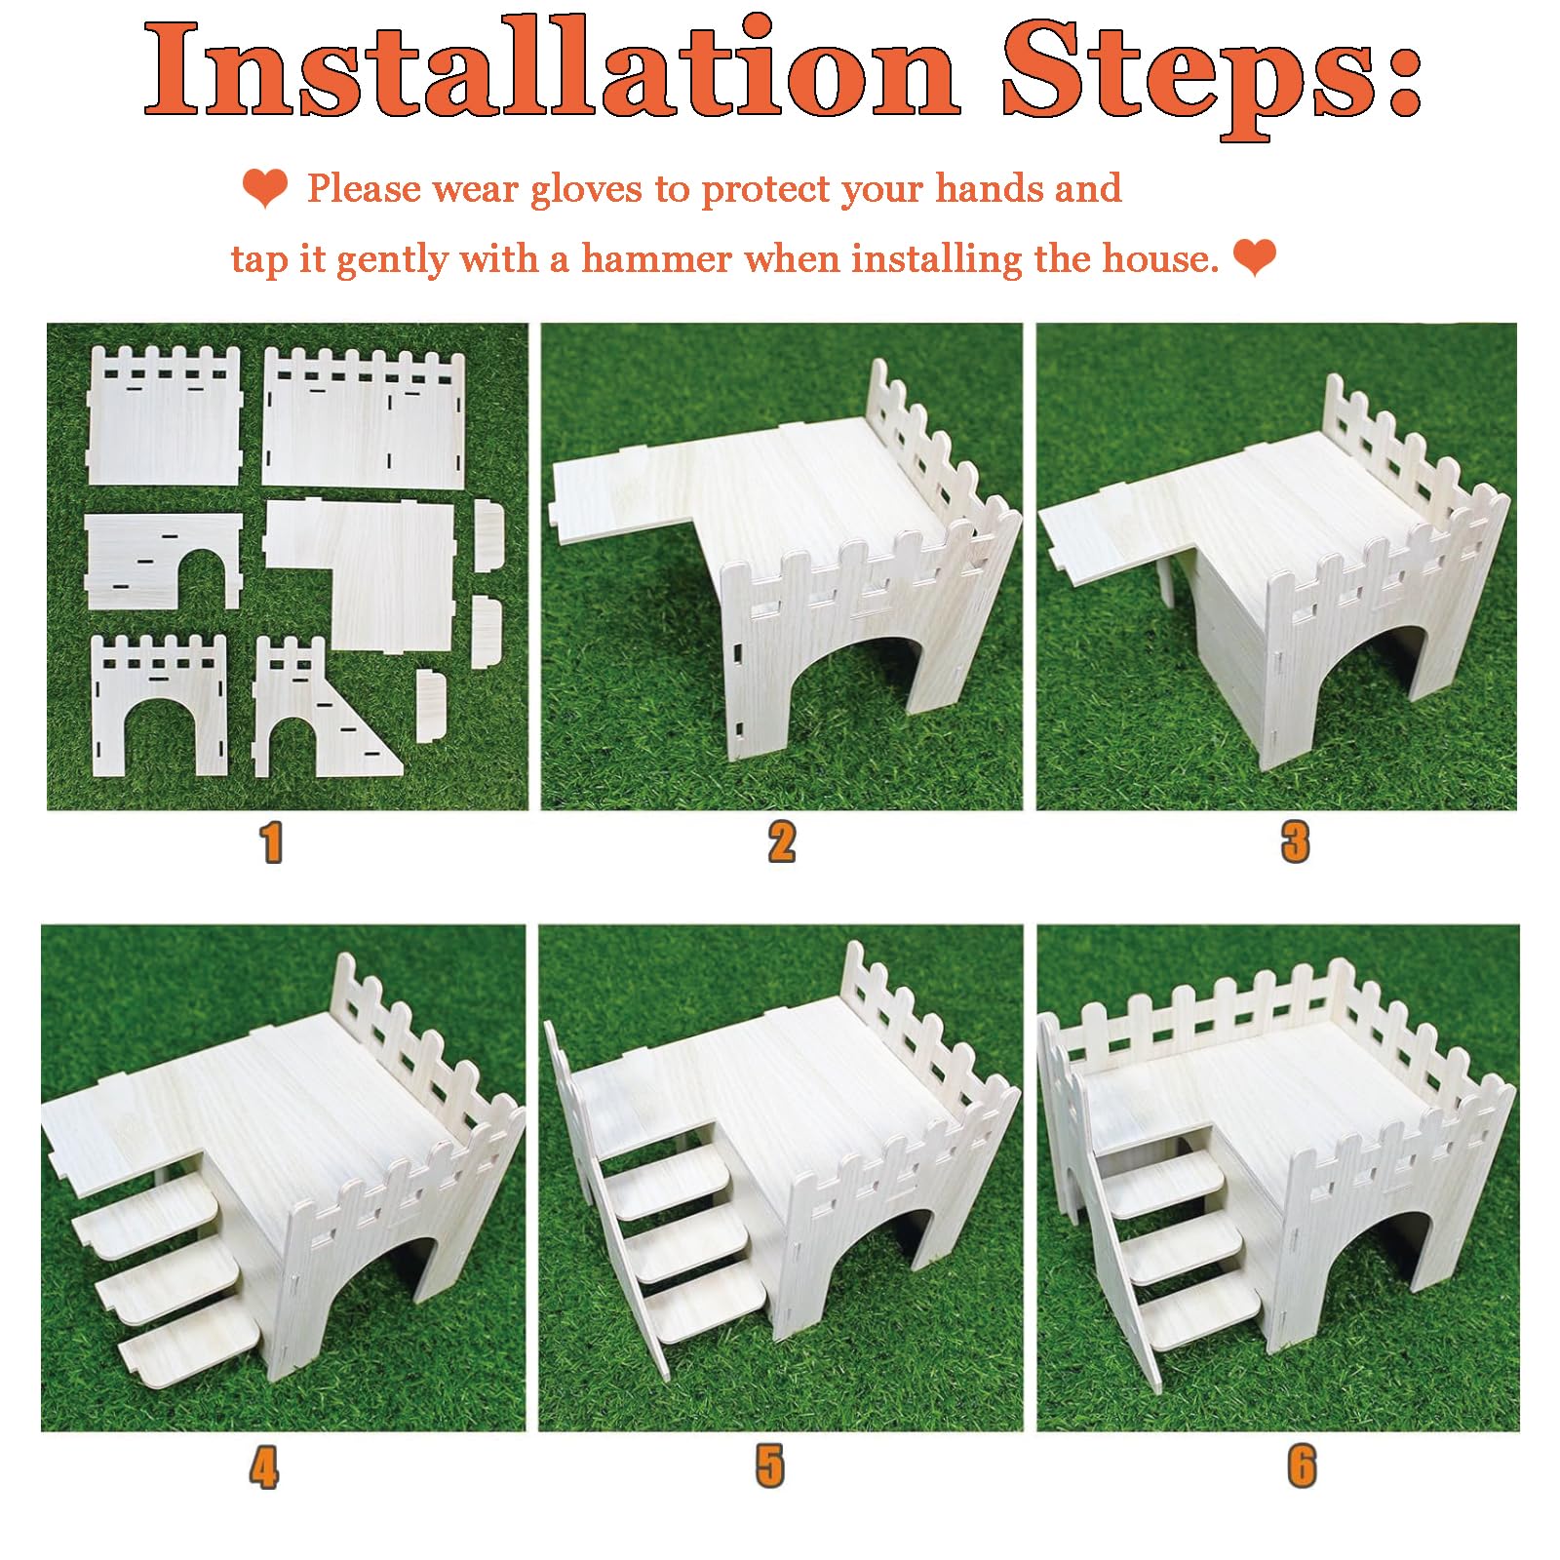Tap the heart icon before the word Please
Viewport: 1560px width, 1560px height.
tap(265, 188)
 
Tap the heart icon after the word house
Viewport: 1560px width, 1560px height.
tap(1255, 258)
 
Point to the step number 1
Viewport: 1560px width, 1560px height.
tap(272, 842)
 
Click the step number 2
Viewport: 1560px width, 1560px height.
tap(782, 842)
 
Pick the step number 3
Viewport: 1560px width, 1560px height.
tap(1296, 842)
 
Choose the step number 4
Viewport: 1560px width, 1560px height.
tap(264, 1467)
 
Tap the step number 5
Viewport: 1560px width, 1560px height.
tap(770, 1467)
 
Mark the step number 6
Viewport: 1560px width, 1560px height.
tap(1302, 1467)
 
